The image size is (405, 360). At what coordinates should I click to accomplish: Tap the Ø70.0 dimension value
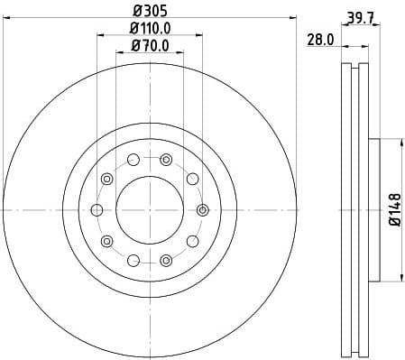pos(150,44)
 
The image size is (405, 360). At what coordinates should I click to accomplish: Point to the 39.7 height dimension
pos(360,13)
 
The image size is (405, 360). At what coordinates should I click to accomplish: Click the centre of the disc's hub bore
pos(150,209)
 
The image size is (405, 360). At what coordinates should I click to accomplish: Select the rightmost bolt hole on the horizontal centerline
pos(202,209)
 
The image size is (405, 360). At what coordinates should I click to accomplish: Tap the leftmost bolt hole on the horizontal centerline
pos(97,209)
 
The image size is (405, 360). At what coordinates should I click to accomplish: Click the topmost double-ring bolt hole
pos(166,160)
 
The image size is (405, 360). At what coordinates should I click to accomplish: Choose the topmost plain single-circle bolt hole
pos(133,160)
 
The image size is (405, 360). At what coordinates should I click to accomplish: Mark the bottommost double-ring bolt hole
pos(166,260)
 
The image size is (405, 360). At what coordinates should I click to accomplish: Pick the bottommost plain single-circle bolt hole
pos(133,260)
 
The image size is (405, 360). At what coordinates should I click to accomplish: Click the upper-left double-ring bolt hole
pos(107,179)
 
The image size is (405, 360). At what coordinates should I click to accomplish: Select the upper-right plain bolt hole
pos(192,179)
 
